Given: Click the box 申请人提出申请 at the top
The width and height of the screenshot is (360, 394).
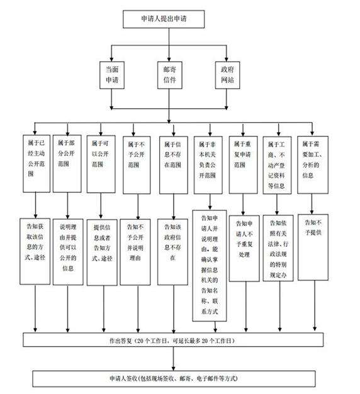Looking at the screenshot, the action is pos(164,19).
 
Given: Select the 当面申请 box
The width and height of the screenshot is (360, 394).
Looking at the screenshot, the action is pos(112,75).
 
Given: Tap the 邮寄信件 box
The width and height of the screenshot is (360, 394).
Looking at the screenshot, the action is pos(170,75).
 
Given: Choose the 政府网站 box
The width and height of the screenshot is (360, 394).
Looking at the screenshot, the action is pos(227,75).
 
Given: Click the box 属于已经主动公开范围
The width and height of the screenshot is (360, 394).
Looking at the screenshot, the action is pos(37,164).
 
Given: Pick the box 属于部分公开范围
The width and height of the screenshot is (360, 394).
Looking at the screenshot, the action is pos(67,164).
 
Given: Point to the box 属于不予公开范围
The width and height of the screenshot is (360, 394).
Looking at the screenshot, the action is pos(137,165).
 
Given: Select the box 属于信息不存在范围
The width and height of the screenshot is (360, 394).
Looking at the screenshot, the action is pos(173,165).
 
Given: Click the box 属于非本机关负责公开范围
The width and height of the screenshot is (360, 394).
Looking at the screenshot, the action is pos(208,165).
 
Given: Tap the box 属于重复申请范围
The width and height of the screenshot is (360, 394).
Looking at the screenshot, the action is pos(243,165).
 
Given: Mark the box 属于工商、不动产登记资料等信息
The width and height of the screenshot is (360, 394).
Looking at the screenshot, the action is pos(277,166).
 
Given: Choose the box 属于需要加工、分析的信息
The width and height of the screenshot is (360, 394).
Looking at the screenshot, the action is pos(313,165).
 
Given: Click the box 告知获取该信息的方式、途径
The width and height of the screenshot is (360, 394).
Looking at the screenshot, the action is pos(35,251).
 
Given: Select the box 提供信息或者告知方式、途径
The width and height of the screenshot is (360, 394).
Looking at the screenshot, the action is pos(102,252).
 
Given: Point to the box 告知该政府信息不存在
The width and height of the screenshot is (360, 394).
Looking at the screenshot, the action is pos(172,252).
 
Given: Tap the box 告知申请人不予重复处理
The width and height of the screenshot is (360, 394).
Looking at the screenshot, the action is pos(244,248).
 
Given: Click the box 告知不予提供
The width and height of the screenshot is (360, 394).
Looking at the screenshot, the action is pos(313,247).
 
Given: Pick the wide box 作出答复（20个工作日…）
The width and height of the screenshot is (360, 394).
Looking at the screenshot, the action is pos(173,340).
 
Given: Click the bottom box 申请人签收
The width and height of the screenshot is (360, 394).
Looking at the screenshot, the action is pos(174,379).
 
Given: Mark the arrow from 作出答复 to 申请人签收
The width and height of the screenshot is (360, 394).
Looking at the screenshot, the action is pos(173,359).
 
